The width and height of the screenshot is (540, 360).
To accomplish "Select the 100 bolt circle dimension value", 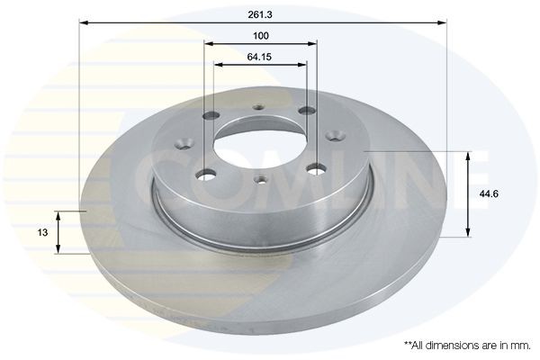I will pyautogui.click(x=261, y=36).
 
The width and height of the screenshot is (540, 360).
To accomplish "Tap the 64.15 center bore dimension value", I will pyautogui.click(x=261, y=58).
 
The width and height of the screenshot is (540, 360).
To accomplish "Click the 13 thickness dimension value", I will pyautogui.click(x=42, y=232).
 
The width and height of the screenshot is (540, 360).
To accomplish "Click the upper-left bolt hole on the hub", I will pyautogui.click(x=214, y=115).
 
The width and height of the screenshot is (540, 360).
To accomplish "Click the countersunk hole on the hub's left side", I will pyautogui.click(x=185, y=142).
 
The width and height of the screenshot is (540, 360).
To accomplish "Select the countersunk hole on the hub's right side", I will pyautogui.click(x=340, y=137).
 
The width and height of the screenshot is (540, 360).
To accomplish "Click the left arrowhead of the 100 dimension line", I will pyautogui.click(x=208, y=43).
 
